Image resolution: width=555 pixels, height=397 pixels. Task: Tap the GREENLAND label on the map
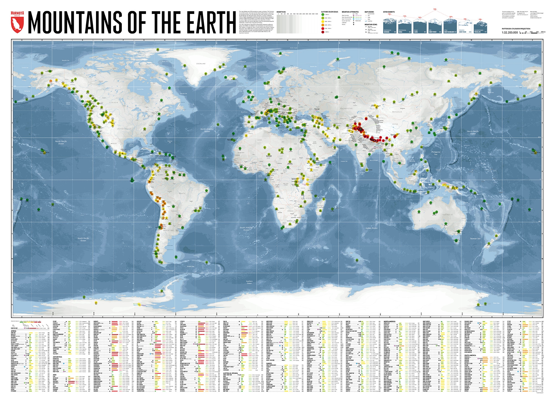(x=201, y=64)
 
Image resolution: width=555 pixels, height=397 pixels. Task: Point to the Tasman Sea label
(x=475, y=238)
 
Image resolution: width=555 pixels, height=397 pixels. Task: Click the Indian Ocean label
(x=371, y=228)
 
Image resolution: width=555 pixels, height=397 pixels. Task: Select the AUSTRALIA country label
(x=447, y=215)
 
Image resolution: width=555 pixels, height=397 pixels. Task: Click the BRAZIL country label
(x=182, y=193)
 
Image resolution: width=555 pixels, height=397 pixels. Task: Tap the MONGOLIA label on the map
(x=397, y=112)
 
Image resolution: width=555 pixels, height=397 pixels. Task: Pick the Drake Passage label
(x=168, y=270)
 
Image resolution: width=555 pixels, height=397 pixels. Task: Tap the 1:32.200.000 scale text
(x=510, y=32)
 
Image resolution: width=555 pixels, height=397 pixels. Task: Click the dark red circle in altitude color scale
(x=323, y=32)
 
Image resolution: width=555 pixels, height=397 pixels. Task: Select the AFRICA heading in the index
(x=14, y=331)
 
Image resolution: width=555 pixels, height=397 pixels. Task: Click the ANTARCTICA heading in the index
(x=57, y=357)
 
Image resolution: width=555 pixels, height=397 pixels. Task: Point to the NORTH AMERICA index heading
(x=389, y=321)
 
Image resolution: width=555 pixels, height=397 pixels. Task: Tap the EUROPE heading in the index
(x=269, y=363)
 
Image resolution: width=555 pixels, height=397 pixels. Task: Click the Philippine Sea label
(x=436, y=153)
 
